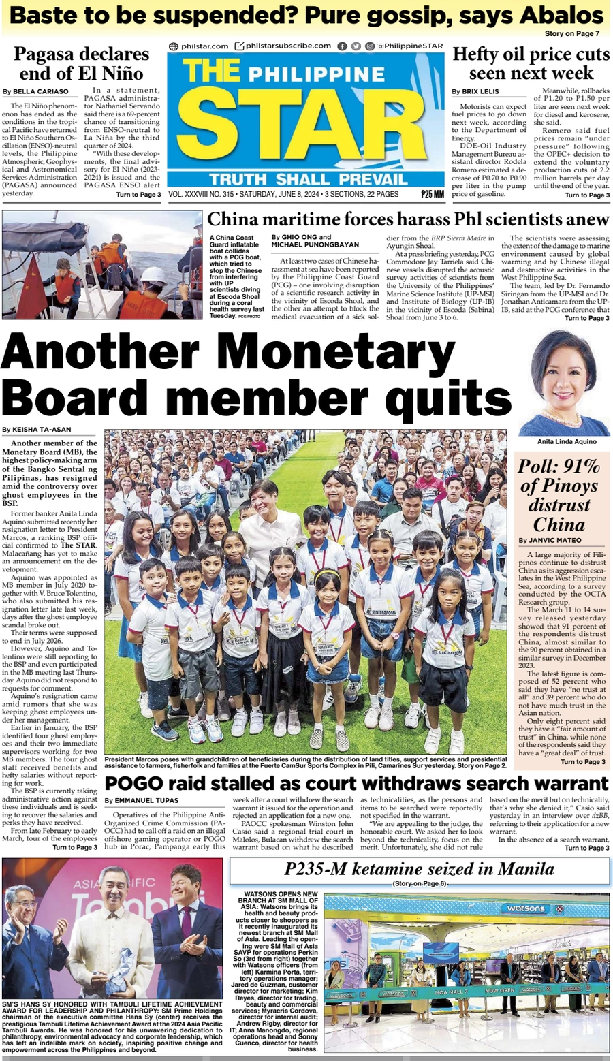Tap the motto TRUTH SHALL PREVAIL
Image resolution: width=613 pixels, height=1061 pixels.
(x=308, y=180)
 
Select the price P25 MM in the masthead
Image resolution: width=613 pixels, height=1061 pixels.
(x=432, y=195)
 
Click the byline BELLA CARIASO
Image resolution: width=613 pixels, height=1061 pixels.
(x=40, y=91)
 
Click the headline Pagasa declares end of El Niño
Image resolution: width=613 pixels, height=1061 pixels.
(x=81, y=63)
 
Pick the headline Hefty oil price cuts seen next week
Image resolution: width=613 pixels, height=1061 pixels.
(x=531, y=63)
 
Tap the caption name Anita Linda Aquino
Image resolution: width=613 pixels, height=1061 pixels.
(x=566, y=441)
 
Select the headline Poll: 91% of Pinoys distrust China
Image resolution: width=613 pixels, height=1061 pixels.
(x=560, y=495)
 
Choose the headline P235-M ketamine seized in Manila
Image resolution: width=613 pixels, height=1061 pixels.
(x=419, y=869)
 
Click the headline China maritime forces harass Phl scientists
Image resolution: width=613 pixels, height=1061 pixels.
(x=407, y=219)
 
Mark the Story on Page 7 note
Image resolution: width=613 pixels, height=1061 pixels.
(x=571, y=33)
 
